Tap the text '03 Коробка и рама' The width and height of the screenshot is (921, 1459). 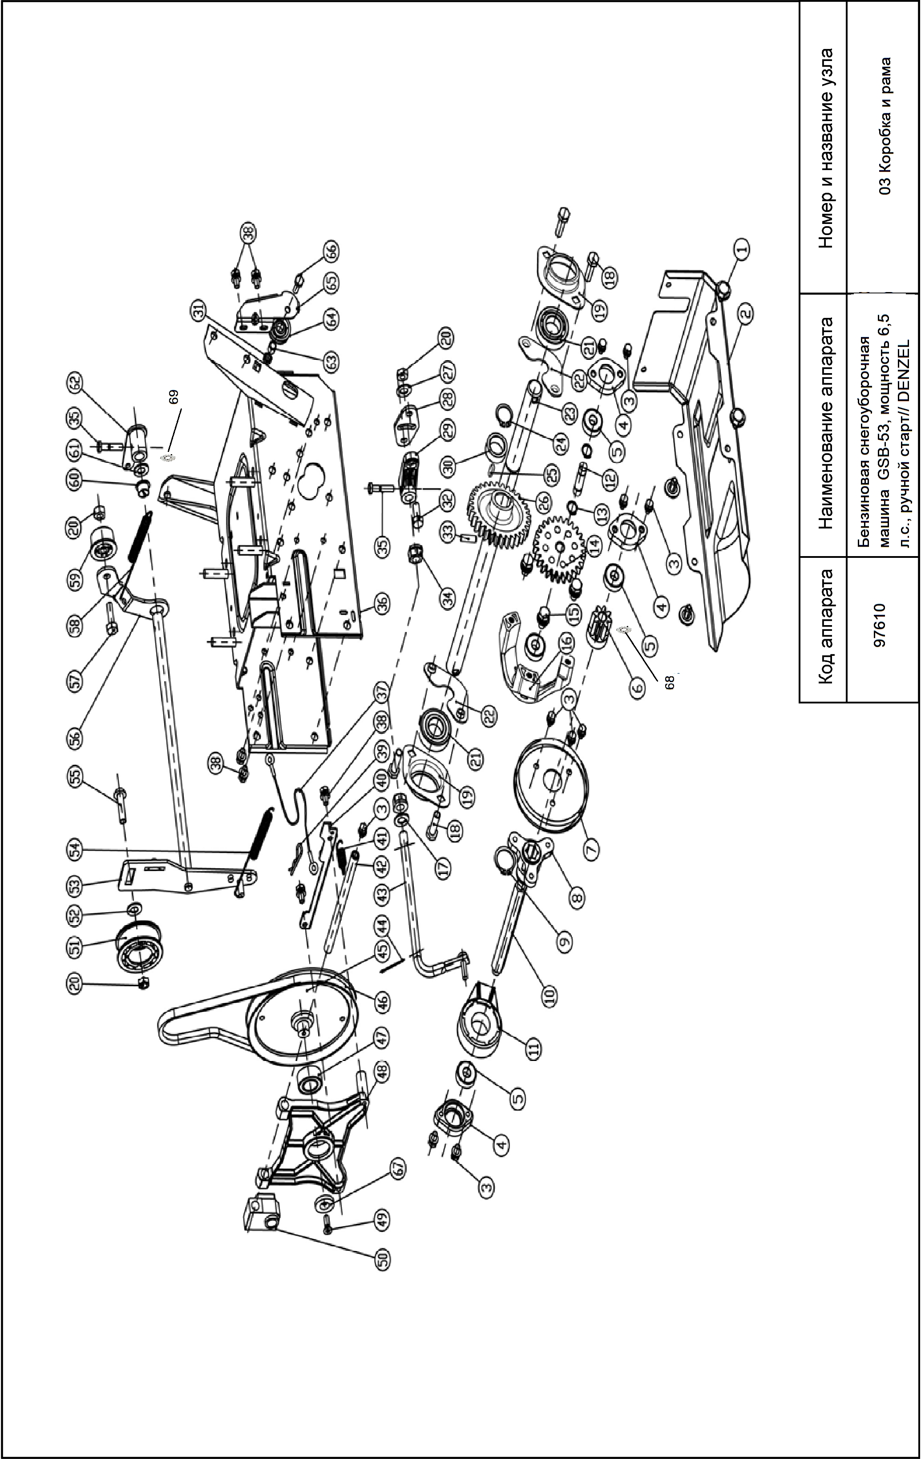(886, 126)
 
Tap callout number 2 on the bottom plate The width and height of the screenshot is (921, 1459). (745, 314)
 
